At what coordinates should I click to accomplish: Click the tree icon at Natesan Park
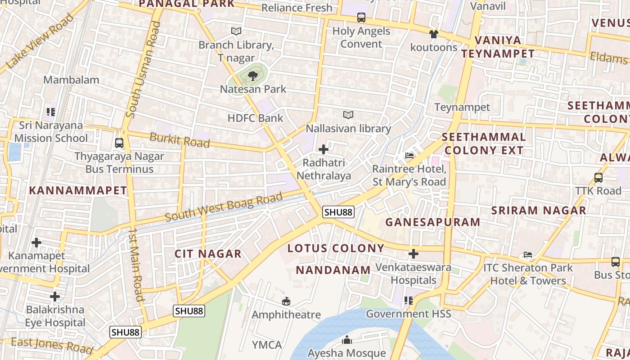253,75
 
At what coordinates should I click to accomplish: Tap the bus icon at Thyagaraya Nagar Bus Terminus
119,143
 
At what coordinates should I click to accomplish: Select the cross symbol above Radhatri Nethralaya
323,149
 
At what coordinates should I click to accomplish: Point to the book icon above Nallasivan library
348,115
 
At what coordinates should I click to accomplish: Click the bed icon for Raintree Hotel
409,156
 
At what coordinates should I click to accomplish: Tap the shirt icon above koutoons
433,34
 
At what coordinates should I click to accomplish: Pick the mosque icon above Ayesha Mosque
346,340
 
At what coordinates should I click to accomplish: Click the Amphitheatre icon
286,301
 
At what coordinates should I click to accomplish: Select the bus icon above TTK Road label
598,177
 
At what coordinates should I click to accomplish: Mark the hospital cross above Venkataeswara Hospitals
413,254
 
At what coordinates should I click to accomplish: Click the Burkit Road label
180,140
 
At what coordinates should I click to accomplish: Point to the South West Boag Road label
224,207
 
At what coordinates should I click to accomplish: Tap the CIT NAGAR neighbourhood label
208,254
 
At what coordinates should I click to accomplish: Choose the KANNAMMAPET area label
78,190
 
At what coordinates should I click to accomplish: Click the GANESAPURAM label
432,222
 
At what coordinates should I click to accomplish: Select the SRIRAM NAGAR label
538,210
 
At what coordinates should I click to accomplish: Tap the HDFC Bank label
255,118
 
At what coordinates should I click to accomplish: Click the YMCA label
267,345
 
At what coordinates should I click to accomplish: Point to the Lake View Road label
40,41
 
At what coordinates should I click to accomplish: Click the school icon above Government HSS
408,300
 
